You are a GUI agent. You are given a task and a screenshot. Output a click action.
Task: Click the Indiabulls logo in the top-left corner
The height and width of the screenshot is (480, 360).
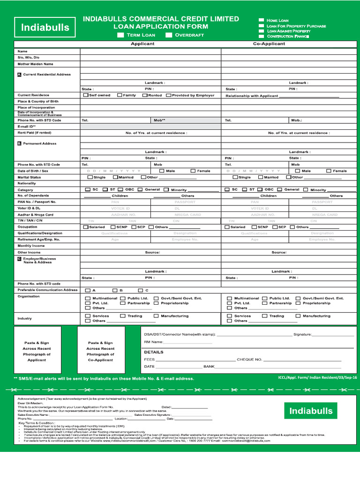(45, 28)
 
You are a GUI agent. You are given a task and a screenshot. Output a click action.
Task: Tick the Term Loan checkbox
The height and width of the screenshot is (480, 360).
(121, 35)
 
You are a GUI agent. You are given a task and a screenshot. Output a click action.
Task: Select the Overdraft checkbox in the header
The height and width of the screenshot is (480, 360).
(169, 35)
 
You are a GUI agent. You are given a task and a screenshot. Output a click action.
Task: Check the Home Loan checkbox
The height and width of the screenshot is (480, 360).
(262, 20)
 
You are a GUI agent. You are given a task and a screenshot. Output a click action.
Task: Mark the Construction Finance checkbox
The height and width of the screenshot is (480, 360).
(262, 36)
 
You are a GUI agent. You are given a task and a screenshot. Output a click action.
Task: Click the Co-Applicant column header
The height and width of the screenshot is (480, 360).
(269, 44)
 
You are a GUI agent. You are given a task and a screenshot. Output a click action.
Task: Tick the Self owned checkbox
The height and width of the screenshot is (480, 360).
(86, 95)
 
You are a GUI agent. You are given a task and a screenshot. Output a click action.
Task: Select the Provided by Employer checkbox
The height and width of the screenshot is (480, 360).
(168, 95)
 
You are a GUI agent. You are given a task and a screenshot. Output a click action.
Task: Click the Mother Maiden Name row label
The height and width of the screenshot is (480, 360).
(35, 64)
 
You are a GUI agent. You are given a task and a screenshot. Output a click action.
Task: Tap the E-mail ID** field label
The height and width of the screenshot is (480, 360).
(27, 127)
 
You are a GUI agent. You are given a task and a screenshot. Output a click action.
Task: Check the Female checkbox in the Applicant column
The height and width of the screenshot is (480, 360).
(193, 171)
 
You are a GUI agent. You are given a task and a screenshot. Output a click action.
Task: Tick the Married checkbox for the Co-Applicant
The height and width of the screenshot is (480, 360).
(261, 177)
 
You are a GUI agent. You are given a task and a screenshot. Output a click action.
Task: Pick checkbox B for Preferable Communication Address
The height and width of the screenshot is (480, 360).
(114, 290)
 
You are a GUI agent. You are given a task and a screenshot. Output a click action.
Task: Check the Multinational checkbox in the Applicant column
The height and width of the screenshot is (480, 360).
(88, 298)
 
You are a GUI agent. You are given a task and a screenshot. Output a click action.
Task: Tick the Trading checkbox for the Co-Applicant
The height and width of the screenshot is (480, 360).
(265, 316)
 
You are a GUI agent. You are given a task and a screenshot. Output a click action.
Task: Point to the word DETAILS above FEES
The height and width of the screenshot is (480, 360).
(154, 352)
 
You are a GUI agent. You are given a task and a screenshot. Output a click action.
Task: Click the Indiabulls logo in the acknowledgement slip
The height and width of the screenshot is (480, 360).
(311, 411)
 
